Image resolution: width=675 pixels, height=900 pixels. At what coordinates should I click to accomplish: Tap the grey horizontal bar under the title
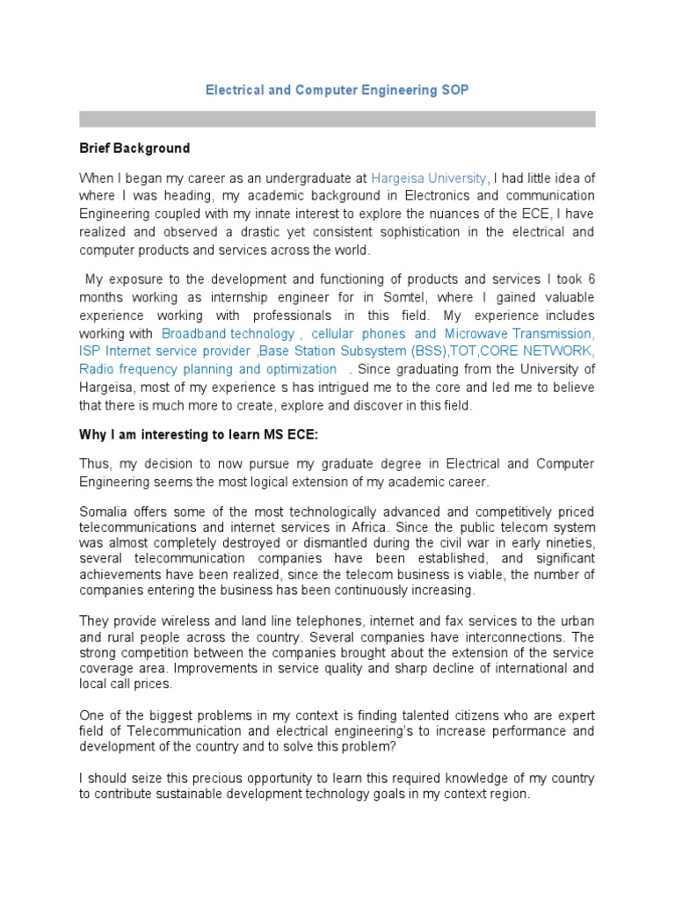pyautogui.click(x=337, y=119)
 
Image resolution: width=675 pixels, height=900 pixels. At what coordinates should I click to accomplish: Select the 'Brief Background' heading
pyautogui.click(x=134, y=148)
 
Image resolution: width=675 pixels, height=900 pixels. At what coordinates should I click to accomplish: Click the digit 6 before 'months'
pyautogui.click(x=591, y=279)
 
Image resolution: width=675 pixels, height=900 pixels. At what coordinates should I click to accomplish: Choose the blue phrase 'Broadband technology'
pyautogui.click(x=229, y=334)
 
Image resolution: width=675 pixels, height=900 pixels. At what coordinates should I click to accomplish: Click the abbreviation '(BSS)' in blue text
pyautogui.click(x=425, y=352)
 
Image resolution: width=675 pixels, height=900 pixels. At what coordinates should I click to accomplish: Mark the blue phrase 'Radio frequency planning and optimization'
pyautogui.click(x=207, y=369)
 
